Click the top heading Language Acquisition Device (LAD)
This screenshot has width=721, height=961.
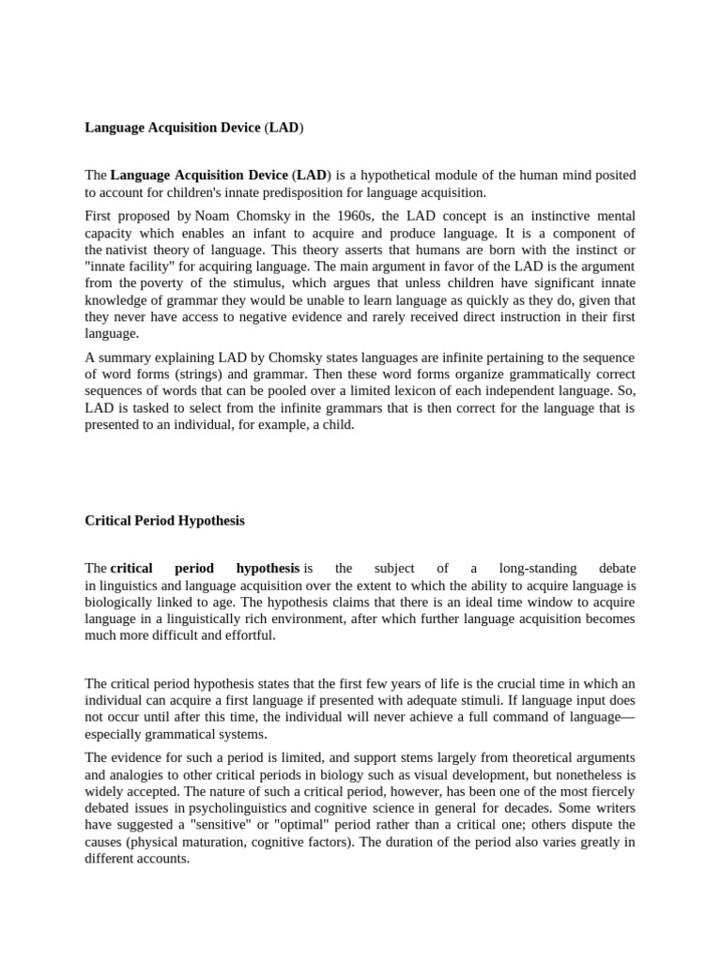[194, 127]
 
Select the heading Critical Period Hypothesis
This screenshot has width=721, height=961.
[164, 520]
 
